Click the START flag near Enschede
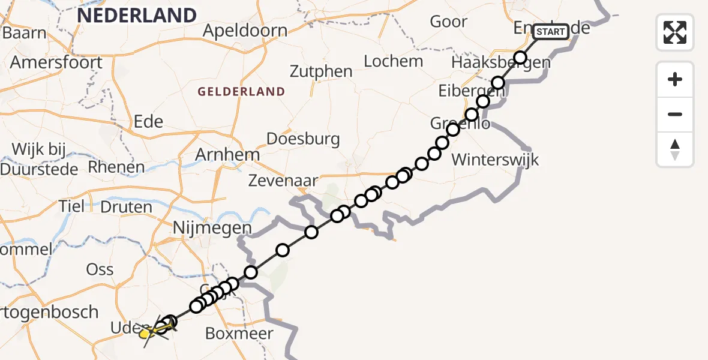pos(550,32)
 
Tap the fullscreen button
pos(675,32)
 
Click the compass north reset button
pos(675,149)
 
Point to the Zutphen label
pos(321,71)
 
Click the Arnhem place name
pos(227,155)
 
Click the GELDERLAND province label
pos(241,92)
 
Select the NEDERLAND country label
pos(137,15)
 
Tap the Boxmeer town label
pos(239,334)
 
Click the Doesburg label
pos(303,139)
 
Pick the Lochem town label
pos(394,61)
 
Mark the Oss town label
pos(100,269)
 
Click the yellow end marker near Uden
pos(146,332)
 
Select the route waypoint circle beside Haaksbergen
pos(520,58)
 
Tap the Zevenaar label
pos(283,181)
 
